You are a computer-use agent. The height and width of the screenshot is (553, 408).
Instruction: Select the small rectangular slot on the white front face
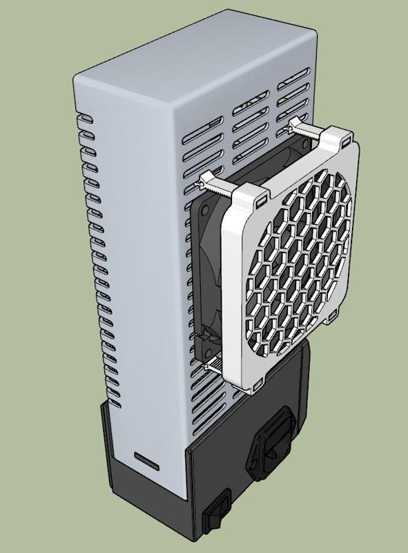click(x=146, y=458)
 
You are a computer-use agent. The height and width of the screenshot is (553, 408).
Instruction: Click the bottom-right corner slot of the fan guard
click(x=333, y=319)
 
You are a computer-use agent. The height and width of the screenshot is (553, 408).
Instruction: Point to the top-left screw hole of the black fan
click(x=205, y=207)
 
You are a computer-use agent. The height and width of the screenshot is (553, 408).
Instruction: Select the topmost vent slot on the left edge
click(x=85, y=118)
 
